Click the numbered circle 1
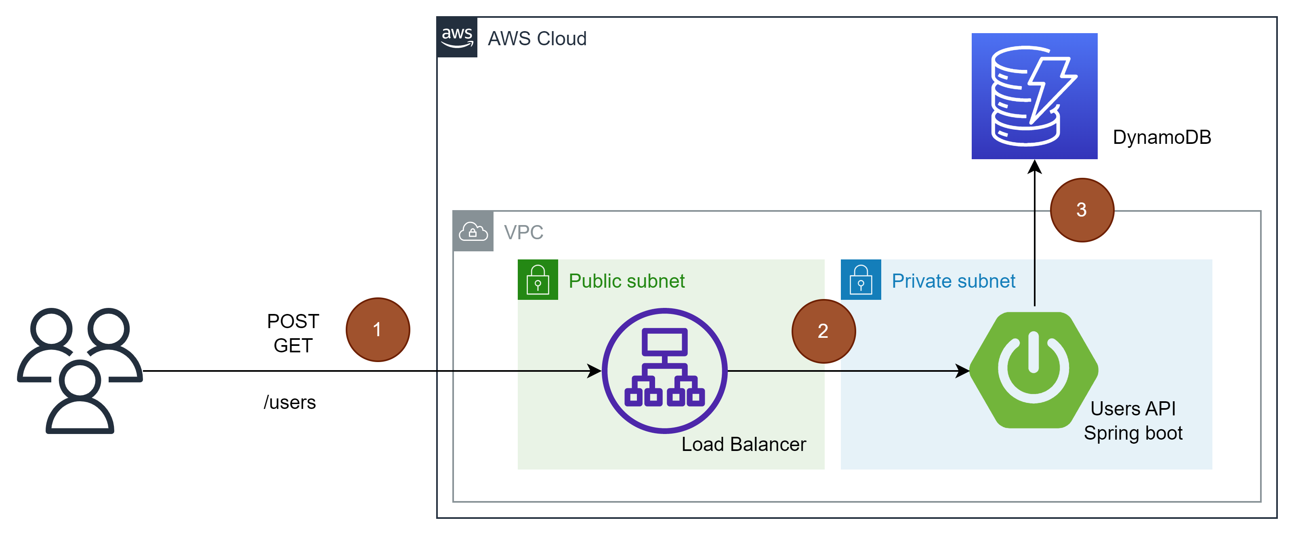coord(378,330)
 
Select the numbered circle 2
coord(823,331)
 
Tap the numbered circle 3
coord(1082,210)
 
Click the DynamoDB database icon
coord(1034,96)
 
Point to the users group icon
coord(80,371)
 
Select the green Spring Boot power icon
coord(1033,370)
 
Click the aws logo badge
coord(457,37)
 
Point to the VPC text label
coord(523,232)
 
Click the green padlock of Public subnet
coord(538,280)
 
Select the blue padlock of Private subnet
coord(861,280)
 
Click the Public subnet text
coord(626,281)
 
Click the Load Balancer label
coord(744,444)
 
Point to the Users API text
coord(1133,409)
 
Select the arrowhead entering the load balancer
coord(595,371)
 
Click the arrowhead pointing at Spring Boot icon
coord(962,371)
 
